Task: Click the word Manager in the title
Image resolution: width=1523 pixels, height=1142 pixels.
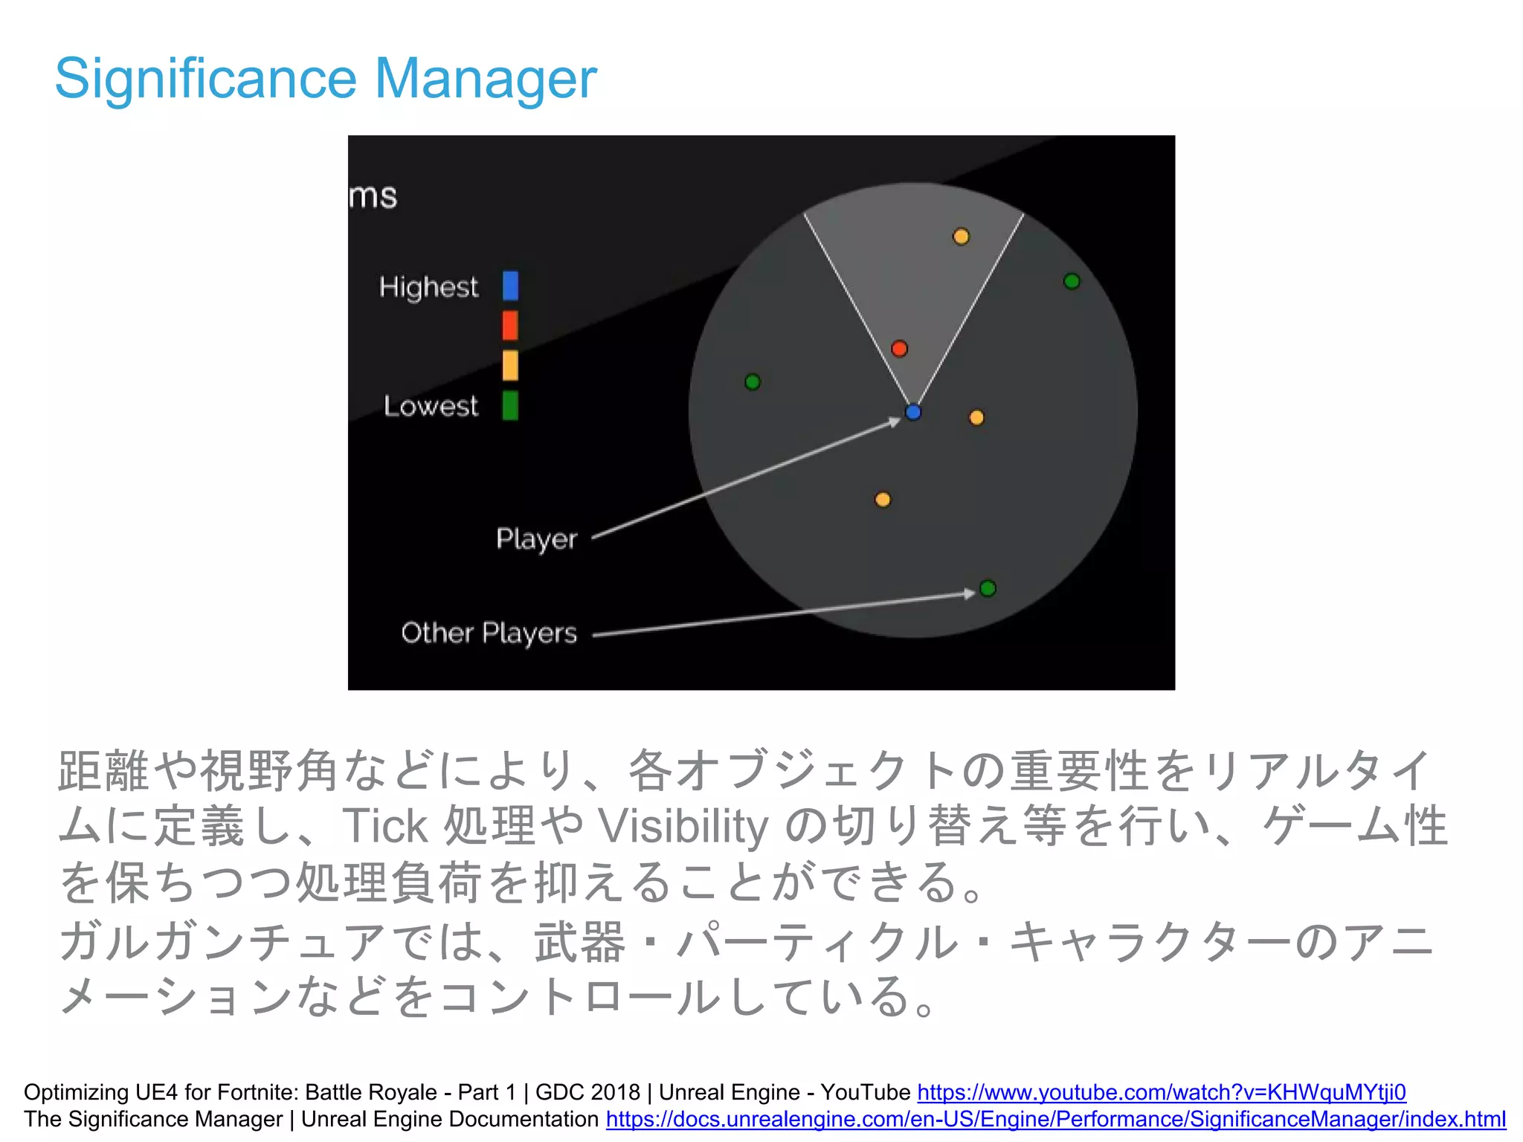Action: [485, 79]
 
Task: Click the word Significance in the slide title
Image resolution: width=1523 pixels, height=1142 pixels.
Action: [206, 79]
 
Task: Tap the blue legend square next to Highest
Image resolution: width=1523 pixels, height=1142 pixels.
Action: [510, 285]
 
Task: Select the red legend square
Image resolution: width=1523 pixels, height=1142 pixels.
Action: [510, 326]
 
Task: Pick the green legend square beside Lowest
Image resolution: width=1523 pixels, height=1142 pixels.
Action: [510, 406]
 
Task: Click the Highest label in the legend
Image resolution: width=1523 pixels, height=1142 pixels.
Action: [428, 287]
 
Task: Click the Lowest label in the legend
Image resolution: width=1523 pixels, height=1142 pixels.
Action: [431, 406]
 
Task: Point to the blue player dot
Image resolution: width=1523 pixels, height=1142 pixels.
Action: [913, 412]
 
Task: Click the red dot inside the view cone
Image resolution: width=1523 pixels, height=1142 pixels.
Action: [899, 349]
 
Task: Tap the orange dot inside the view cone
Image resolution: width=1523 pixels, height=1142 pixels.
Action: [961, 237]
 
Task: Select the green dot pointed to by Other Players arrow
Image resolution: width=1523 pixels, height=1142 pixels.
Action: [988, 588]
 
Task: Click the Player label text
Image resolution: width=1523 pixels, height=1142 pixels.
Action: [536, 539]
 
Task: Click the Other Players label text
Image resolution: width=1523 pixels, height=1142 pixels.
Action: [489, 633]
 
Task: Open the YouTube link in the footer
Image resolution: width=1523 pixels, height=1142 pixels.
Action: [1161, 1092]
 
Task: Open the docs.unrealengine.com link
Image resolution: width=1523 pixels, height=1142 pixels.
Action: [1055, 1119]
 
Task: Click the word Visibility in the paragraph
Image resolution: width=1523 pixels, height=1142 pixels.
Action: [683, 826]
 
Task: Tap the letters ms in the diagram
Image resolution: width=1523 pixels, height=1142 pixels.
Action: [373, 196]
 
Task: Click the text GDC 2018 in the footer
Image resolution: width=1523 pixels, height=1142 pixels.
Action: [587, 1092]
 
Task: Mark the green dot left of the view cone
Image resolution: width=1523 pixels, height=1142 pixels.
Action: [753, 382]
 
